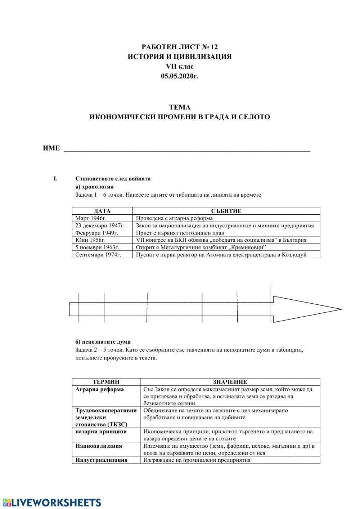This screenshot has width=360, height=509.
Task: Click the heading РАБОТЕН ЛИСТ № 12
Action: [180, 47]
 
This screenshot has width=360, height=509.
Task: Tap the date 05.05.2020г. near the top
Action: [180, 76]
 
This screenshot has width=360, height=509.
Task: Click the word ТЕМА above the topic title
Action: [180, 107]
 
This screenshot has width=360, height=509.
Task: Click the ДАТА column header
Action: [102, 211]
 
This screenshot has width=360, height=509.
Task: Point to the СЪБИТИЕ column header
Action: [226, 211]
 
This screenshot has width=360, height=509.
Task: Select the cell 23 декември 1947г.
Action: [100, 226]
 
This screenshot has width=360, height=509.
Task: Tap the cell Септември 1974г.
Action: [98, 254]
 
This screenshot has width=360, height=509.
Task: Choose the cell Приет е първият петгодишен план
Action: [180, 233]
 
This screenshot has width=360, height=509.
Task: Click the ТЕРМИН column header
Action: [106, 382]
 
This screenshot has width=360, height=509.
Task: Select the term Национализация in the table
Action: [99, 446]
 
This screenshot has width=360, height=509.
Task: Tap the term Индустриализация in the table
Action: [102, 460]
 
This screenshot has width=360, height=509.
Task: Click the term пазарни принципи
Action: [101, 432]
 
